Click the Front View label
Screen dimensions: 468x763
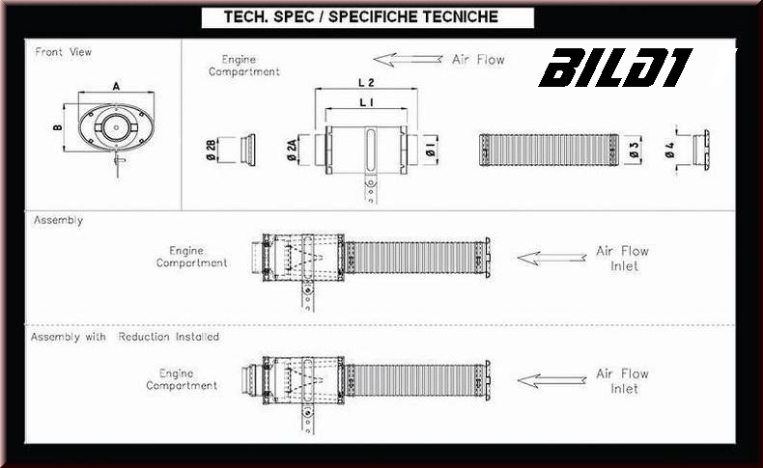[x=63, y=52]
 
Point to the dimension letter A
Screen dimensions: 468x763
[x=116, y=86]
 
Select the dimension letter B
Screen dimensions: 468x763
[x=57, y=126]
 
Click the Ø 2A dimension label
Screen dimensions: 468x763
[x=293, y=149]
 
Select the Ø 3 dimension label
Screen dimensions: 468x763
[x=633, y=150]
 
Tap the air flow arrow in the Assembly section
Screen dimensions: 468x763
[x=551, y=258]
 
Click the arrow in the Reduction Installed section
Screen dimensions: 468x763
[x=551, y=380]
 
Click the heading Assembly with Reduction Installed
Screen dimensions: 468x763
[x=125, y=338]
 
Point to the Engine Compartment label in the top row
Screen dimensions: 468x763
[x=244, y=66]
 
